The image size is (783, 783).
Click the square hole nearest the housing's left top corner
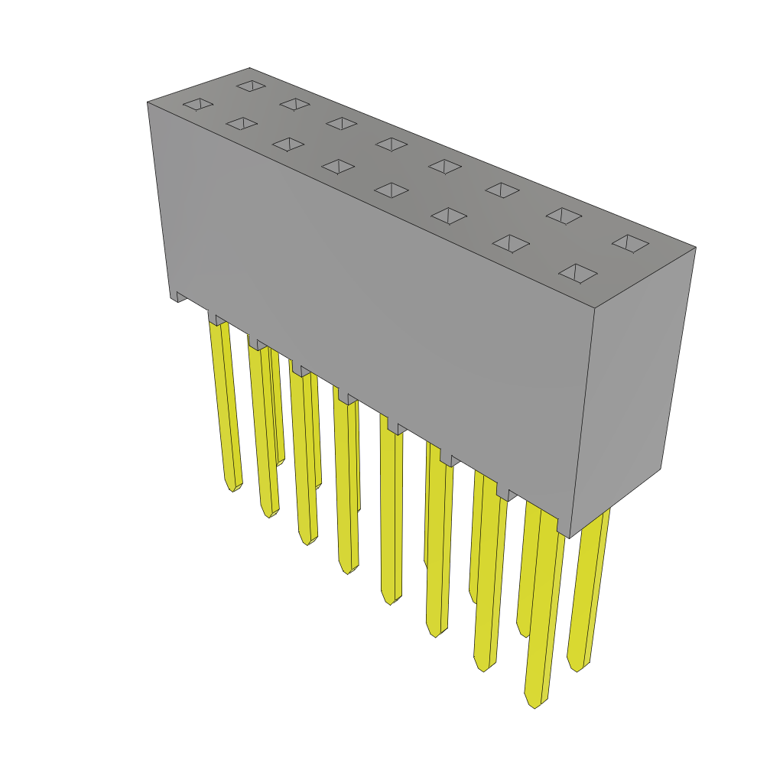(x=198, y=104)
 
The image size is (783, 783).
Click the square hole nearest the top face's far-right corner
(x=630, y=243)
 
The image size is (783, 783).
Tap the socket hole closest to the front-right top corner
(x=578, y=273)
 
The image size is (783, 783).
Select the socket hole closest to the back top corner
(x=251, y=86)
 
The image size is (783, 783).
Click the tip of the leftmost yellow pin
(x=232, y=487)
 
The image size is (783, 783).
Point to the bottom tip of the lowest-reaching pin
(x=534, y=705)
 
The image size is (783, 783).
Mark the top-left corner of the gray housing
(x=148, y=103)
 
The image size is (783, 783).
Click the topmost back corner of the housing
(x=250, y=69)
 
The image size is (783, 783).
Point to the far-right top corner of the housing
(x=695, y=248)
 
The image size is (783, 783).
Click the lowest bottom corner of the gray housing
(x=569, y=538)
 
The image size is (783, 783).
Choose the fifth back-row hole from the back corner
(x=444, y=166)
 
